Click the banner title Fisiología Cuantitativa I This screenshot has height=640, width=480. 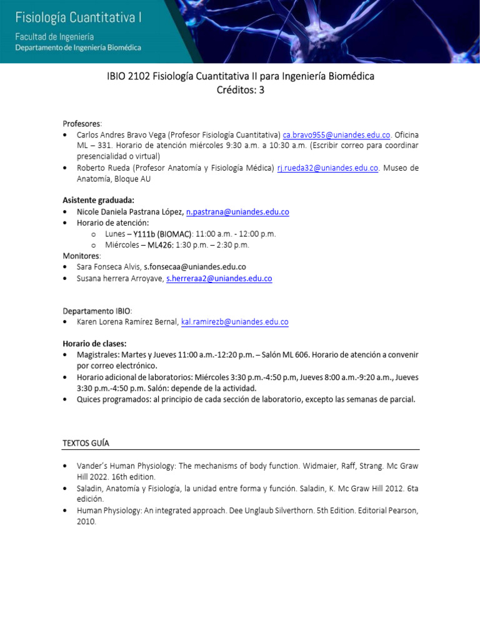(x=78, y=17)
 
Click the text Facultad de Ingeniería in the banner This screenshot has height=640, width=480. (x=54, y=37)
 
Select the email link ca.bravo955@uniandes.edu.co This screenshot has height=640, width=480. (x=336, y=134)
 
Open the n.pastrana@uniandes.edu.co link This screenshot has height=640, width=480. (x=237, y=212)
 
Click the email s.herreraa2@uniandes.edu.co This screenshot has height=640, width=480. (x=219, y=278)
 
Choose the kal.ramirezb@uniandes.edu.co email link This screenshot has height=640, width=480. (x=234, y=322)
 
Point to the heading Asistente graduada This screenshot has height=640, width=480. (x=99, y=201)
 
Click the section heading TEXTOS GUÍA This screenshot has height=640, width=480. (x=86, y=442)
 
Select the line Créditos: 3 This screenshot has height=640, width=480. (x=241, y=90)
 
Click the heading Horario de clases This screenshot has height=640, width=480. (x=94, y=343)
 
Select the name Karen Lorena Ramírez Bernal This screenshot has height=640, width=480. (x=127, y=322)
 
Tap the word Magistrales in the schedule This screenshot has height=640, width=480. (x=97, y=354)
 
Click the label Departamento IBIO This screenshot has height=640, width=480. (x=97, y=311)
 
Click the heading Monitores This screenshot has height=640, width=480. (x=81, y=256)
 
